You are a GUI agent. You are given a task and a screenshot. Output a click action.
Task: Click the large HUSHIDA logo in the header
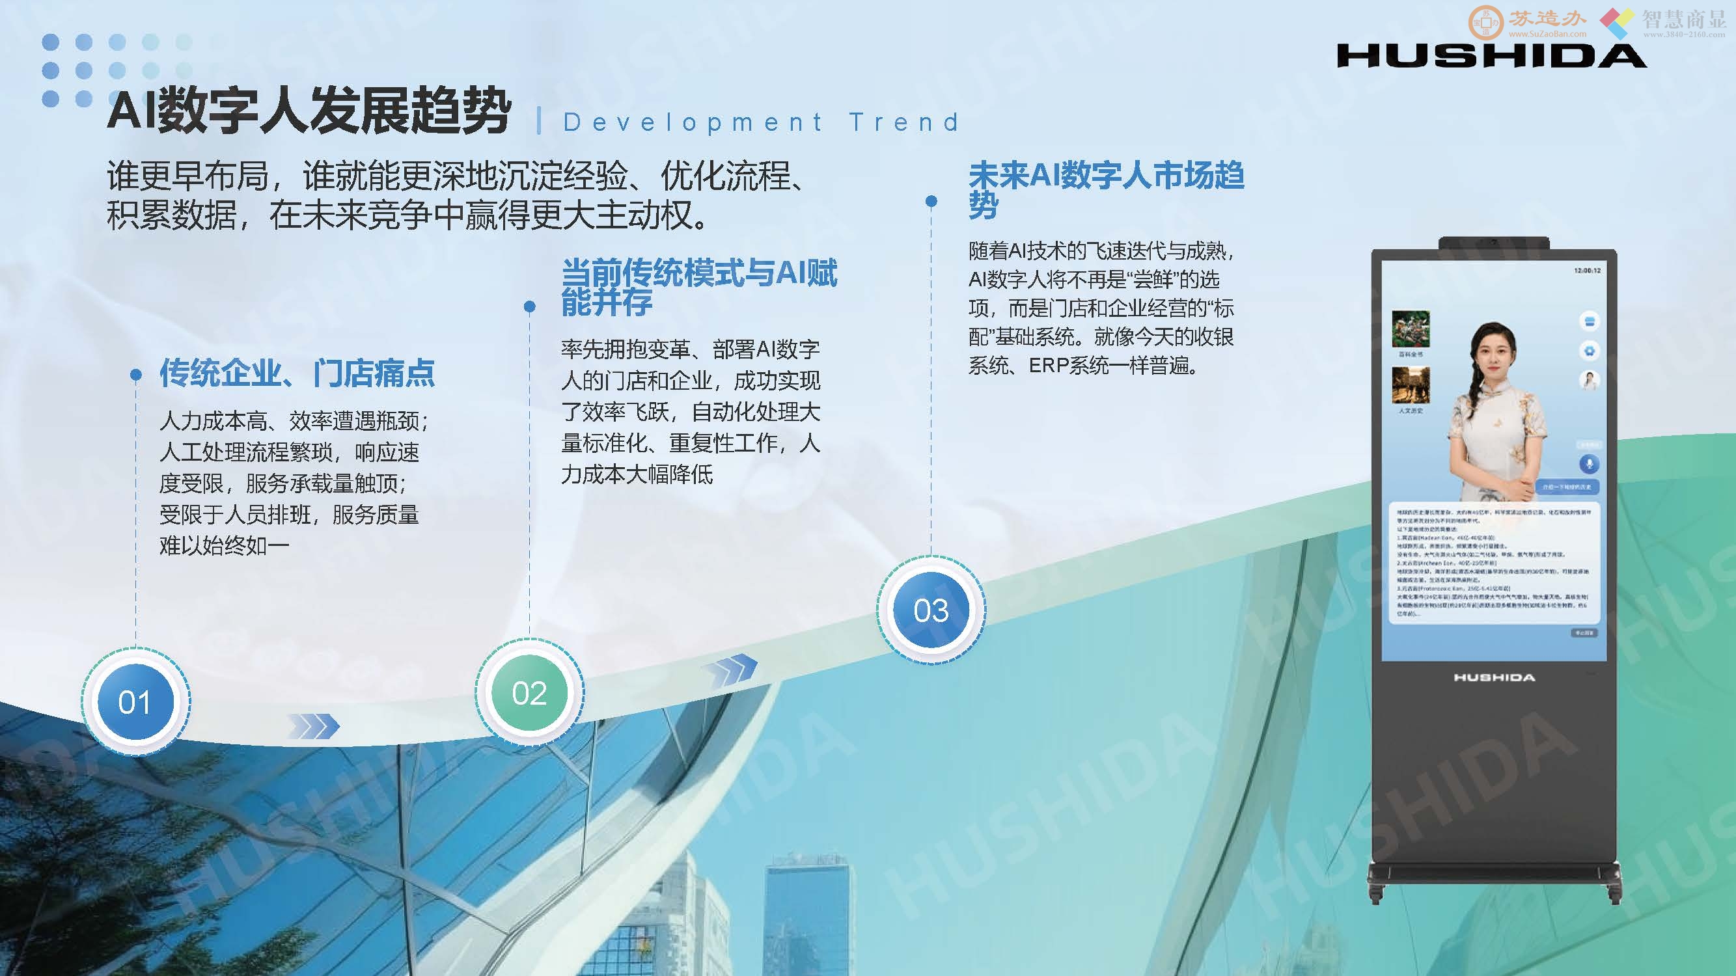coord(1491,56)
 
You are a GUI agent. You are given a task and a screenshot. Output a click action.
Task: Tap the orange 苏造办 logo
coord(1526,21)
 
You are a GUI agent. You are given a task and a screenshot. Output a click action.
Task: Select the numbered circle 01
coord(135,702)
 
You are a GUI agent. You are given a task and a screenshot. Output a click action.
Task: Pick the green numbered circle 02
coord(529,693)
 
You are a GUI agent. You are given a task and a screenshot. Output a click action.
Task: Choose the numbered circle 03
coord(931,610)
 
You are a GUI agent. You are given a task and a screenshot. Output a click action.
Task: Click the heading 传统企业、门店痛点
coord(297,373)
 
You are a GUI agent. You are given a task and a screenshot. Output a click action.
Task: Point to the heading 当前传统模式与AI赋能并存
coord(699,287)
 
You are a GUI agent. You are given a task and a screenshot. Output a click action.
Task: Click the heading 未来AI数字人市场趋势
coord(1105,189)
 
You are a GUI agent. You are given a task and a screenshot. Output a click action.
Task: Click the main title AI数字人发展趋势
coord(309,111)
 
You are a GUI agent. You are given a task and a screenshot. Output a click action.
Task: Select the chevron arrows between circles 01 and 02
coord(313,726)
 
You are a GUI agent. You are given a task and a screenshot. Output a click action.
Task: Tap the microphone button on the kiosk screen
coord(1589,463)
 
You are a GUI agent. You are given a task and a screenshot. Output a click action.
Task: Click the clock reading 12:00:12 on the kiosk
coord(1587,271)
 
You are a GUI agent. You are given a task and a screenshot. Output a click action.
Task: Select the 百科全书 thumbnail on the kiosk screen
coord(1411,329)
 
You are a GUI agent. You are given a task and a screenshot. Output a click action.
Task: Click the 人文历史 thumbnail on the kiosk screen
coord(1411,385)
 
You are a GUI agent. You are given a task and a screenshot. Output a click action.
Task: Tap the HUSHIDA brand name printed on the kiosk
coord(1494,677)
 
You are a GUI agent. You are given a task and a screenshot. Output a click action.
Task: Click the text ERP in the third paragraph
coord(1048,366)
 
